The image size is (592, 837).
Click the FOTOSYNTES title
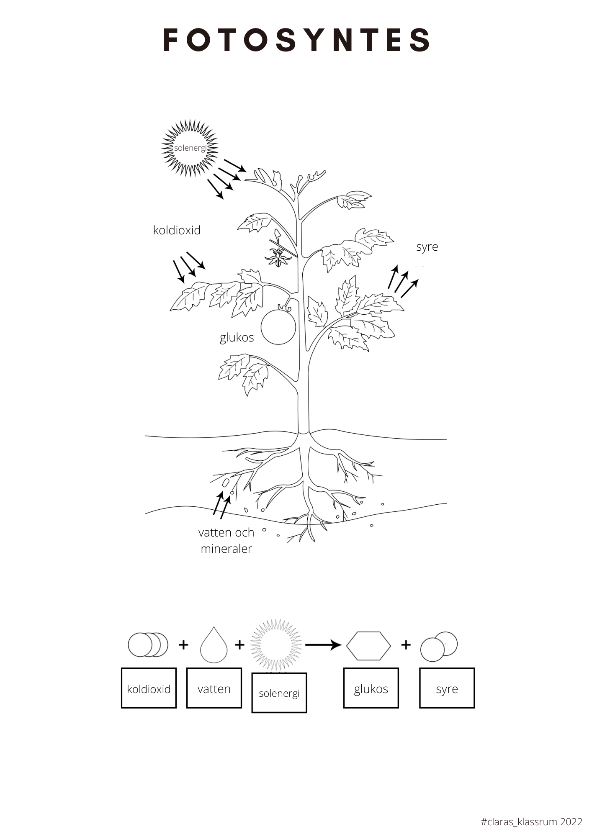point(296,40)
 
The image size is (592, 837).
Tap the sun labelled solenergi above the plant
point(190,148)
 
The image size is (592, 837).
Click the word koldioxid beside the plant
point(177,230)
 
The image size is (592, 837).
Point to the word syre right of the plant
point(427,246)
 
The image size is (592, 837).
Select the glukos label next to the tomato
point(237,337)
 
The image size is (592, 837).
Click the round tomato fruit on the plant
point(278,327)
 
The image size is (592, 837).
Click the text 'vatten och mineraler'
point(226,540)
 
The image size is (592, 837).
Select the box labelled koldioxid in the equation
point(149,688)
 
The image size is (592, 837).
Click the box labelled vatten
point(214,688)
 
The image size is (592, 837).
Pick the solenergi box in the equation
point(279,693)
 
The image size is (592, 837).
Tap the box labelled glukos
point(371,688)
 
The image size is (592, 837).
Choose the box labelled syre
point(447,688)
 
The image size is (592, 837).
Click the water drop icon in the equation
point(214,645)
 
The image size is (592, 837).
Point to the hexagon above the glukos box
point(368,646)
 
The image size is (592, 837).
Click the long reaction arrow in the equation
point(323,645)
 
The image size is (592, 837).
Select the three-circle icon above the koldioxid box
point(148,645)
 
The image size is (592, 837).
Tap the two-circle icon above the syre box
point(439,647)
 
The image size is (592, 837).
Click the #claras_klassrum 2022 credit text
point(531,822)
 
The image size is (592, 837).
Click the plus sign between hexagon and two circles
point(405,645)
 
